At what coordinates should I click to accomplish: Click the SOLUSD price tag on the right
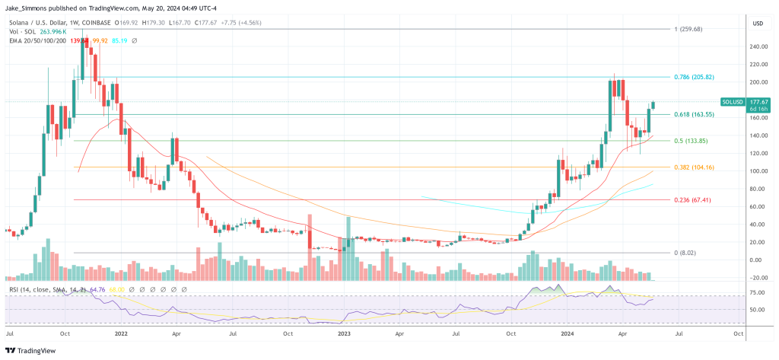734,101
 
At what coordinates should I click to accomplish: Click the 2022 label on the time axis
120,333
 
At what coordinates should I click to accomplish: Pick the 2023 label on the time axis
342,333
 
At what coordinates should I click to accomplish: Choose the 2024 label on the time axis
565,333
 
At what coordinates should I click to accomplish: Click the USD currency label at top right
757,24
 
